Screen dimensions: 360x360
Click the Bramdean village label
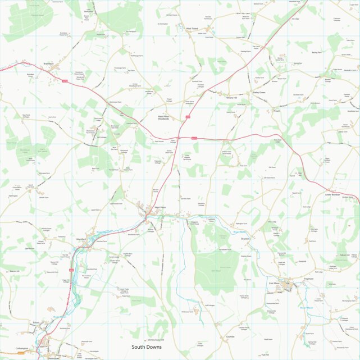[x=48, y=64]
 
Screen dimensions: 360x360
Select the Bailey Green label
[x=259, y=92]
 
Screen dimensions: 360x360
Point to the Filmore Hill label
[x=231, y=98]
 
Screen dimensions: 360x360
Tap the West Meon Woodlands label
[x=167, y=118]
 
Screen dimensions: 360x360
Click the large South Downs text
[x=147, y=347]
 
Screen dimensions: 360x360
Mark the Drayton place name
[x=244, y=238]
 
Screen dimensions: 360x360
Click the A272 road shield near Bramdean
[x=65, y=82]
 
